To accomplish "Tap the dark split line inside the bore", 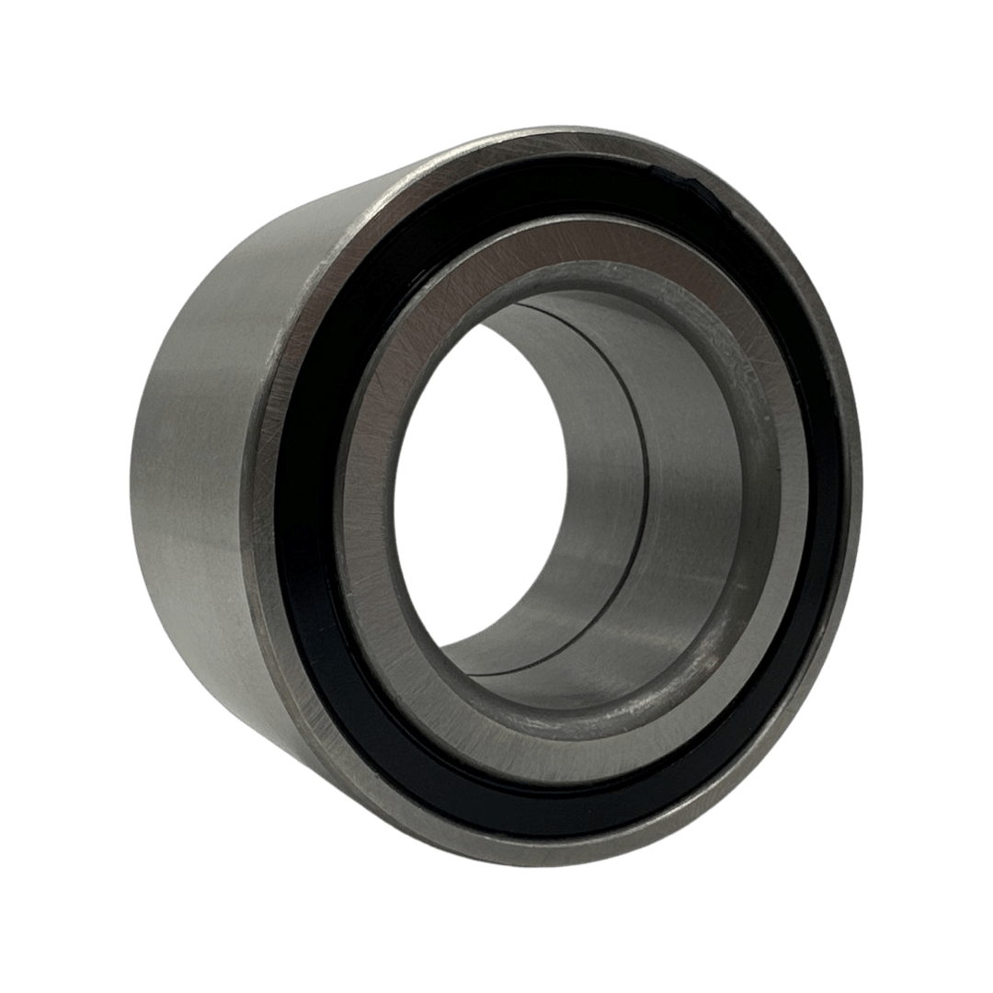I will (644, 478).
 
